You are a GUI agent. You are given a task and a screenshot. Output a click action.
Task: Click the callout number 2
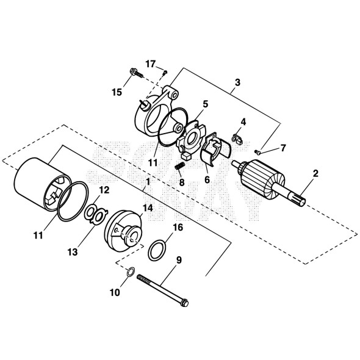coord(315,174)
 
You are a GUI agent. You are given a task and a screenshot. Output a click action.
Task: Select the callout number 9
coord(179,260)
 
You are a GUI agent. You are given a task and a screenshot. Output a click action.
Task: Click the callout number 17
coord(151,63)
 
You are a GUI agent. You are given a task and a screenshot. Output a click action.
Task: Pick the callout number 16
coord(178,227)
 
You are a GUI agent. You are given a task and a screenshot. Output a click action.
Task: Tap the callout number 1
coord(146,181)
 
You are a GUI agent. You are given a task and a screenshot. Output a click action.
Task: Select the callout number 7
coord(282,148)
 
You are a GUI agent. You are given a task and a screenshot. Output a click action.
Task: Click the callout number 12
coord(104,190)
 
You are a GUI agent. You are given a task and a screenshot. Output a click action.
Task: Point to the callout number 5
coord(206,104)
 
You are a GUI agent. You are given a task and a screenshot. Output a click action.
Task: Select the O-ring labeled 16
coord(158,248)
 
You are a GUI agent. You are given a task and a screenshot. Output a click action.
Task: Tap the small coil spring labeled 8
coord(181,166)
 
